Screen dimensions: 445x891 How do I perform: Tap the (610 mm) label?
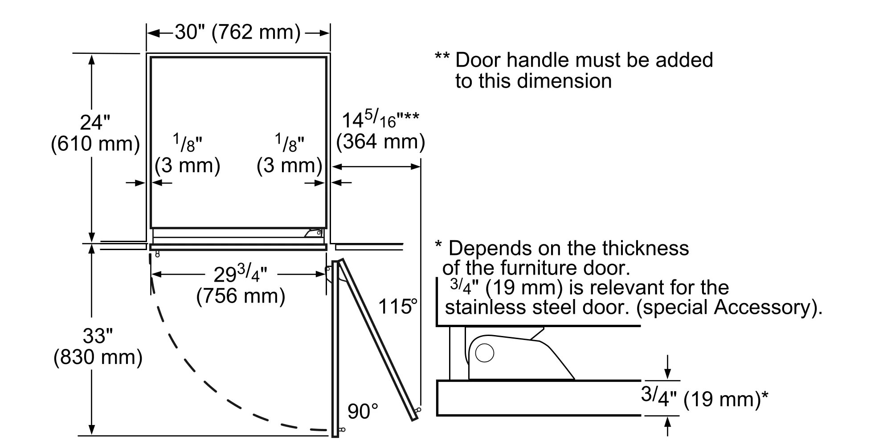(95, 144)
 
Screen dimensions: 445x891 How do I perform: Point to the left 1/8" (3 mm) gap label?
(188, 156)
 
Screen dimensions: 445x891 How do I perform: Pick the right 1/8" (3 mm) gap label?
(290, 156)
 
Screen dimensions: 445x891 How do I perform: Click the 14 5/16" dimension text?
(380, 119)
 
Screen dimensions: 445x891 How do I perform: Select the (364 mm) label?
(380, 142)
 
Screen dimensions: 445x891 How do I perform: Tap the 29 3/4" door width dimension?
(240, 274)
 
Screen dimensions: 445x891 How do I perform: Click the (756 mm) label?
(241, 296)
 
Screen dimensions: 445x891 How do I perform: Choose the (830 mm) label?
(98, 358)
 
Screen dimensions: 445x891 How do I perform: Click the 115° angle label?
(398, 307)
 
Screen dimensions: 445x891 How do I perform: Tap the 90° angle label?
(363, 412)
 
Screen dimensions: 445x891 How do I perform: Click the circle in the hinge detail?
(484, 353)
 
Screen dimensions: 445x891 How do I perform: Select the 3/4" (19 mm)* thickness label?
(704, 398)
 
